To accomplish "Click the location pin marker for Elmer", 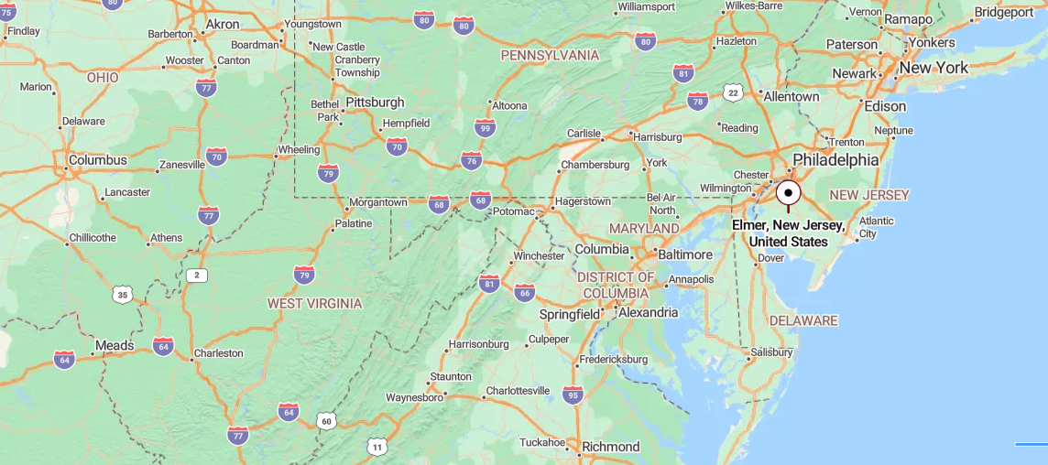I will point(788,193).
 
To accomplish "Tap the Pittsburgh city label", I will point(375,102).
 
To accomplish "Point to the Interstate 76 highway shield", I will point(472,161).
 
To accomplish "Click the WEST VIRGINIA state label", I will point(314,303).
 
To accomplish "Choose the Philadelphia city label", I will point(835,160).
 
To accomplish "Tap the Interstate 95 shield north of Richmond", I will point(573,395).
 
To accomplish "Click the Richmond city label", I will point(610,447).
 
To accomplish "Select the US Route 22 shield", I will point(732,92).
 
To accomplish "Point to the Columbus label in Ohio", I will point(98,160).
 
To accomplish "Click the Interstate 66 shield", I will point(524,293).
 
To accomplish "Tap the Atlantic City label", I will point(876,227).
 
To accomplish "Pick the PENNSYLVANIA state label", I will point(550,55).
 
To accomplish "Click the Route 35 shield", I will point(123,294).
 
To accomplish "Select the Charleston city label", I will point(218,353).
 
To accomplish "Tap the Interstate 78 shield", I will point(698,101).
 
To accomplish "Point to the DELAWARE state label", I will point(803,320).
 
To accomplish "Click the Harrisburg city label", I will point(658,137).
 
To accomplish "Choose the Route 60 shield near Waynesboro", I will point(327,421).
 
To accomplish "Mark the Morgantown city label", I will point(378,202).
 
